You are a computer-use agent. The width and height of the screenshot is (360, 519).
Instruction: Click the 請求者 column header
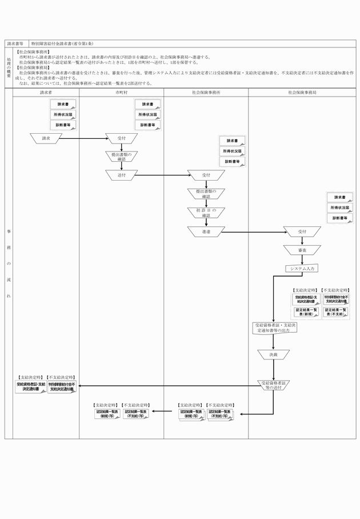[x=46, y=91]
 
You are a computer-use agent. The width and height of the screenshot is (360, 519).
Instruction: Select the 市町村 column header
[x=121, y=91]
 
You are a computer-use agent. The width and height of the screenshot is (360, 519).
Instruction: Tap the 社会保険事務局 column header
[x=302, y=91]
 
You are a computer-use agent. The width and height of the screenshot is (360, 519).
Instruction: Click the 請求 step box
[x=46, y=138]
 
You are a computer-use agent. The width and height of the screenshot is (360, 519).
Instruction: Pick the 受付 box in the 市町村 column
[x=121, y=138]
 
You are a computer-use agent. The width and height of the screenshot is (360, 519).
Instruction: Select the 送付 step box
[x=121, y=174]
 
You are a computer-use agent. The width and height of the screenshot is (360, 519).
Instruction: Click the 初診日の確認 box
[x=206, y=212]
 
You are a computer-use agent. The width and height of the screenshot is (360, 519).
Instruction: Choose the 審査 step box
[x=302, y=250]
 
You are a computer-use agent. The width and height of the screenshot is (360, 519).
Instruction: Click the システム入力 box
[x=302, y=268]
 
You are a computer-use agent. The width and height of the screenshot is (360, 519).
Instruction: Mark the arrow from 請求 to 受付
[x=83, y=138]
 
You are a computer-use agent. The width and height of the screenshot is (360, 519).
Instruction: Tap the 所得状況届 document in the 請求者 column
[x=63, y=114]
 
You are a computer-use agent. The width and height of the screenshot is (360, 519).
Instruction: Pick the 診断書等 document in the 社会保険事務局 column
[x=340, y=218]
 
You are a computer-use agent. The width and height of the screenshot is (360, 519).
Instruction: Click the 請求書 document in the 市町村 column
[x=147, y=105]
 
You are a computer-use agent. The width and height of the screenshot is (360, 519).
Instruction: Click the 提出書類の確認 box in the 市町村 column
[x=121, y=157]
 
